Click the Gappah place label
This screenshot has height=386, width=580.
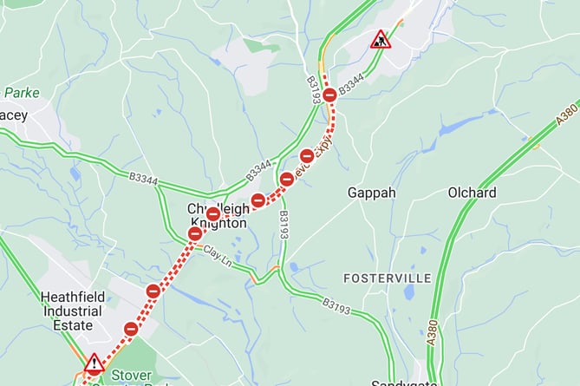pyautogui.click(x=372, y=192)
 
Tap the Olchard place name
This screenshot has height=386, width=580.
pyautogui.click(x=472, y=192)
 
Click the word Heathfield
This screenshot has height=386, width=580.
pyautogui.click(x=73, y=297)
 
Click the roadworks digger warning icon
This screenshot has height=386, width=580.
pyautogui.click(x=381, y=39)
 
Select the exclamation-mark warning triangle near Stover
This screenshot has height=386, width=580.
pyautogui.click(x=94, y=363)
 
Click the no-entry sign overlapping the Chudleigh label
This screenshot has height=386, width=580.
pyautogui.click(x=212, y=214)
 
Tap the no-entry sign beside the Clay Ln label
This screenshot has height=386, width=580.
pyautogui.click(x=195, y=233)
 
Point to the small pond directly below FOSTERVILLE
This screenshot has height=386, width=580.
pyautogui.click(x=408, y=292)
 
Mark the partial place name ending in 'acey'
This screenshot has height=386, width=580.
pyautogui.click(x=15, y=114)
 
